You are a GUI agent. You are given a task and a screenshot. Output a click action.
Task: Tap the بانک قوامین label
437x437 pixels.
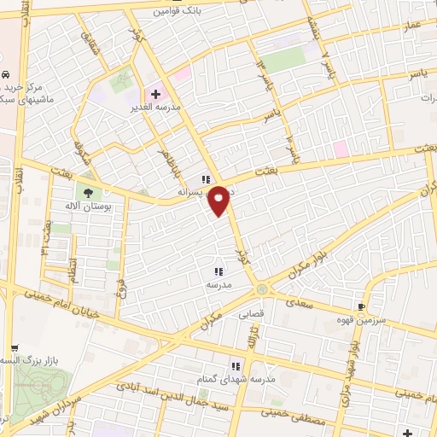click(x=178, y=11)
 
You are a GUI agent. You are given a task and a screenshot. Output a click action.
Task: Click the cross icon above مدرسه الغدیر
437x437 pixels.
click(x=155, y=92)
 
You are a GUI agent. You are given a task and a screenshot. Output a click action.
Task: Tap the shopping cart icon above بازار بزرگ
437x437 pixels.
click(x=15, y=348)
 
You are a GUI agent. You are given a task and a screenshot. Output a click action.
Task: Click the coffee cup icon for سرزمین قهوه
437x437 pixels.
click(x=362, y=306)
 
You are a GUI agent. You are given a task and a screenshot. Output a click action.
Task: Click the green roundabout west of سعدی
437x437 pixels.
click(x=262, y=288)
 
